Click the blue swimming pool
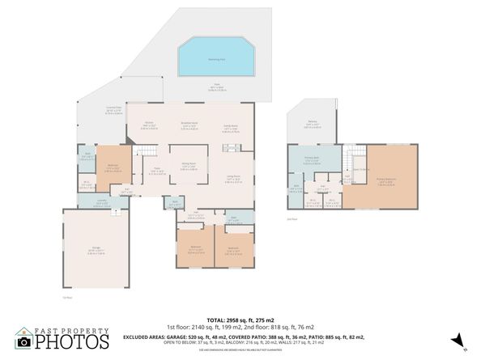(214, 57)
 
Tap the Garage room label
(94, 251)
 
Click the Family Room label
(230, 126)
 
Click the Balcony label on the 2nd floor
(311, 124)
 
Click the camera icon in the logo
(23, 342)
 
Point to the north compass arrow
(459, 341)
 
